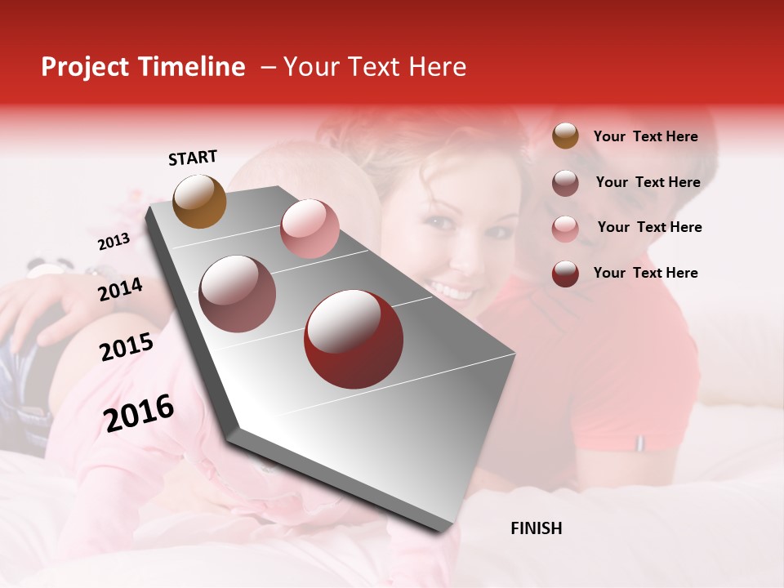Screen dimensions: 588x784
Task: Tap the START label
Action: (193, 158)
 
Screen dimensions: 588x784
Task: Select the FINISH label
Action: (537, 528)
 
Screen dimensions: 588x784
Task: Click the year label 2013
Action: (114, 242)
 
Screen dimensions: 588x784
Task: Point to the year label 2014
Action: (121, 289)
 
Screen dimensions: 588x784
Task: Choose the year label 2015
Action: (127, 347)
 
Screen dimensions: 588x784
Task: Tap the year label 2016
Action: (139, 413)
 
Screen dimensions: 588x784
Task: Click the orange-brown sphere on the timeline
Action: (200, 201)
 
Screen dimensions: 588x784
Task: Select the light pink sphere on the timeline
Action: (310, 229)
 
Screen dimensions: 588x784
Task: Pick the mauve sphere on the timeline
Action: (238, 294)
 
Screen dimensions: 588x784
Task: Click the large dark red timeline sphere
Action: (354, 339)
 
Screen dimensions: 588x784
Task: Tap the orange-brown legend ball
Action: (565, 136)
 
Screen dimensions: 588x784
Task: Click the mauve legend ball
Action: (565, 183)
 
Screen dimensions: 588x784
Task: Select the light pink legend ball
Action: (565, 229)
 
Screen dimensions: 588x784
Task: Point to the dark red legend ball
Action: (565, 274)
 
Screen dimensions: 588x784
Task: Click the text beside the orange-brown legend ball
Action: (646, 136)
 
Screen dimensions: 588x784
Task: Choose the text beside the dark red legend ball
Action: (646, 273)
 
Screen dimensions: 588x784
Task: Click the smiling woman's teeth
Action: (452, 290)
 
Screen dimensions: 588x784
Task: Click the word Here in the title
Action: (437, 67)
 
